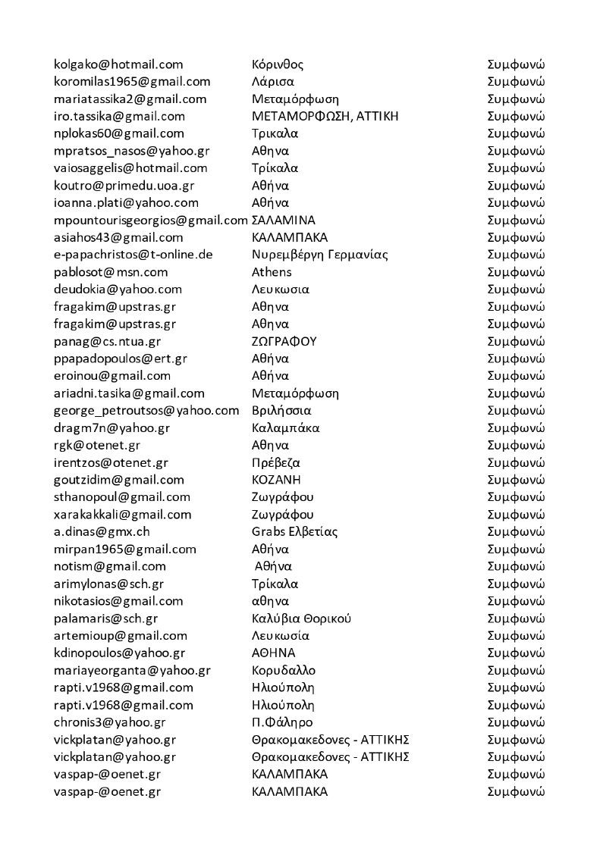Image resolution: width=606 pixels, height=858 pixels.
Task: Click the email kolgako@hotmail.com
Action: coord(118,64)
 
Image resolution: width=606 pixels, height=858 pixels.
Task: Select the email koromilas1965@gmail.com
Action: coord(132,82)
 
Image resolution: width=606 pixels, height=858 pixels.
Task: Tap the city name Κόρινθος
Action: coord(278,64)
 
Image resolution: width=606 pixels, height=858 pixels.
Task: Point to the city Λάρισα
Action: coord(273,82)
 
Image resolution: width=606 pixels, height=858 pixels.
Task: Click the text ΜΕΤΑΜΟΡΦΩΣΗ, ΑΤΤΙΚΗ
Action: coord(325,116)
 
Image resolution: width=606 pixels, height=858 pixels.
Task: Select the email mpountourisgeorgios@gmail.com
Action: coord(151,221)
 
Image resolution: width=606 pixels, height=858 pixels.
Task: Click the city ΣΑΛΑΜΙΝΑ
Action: coord(284,221)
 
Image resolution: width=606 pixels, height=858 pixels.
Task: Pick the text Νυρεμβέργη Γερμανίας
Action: coord(319,255)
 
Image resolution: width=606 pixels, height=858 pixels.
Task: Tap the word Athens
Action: coord(272,272)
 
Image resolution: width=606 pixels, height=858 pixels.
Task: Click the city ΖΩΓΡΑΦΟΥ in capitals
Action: coord(284,341)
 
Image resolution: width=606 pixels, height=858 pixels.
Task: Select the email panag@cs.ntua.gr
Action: coord(107,341)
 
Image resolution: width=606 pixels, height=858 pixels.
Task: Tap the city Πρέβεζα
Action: coord(277,462)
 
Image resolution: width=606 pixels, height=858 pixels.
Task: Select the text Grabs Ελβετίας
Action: coord(294,531)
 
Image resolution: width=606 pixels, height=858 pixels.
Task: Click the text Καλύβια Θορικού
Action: coord(301,618)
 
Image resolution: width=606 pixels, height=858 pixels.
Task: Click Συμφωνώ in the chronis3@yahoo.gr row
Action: coord(516,722)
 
